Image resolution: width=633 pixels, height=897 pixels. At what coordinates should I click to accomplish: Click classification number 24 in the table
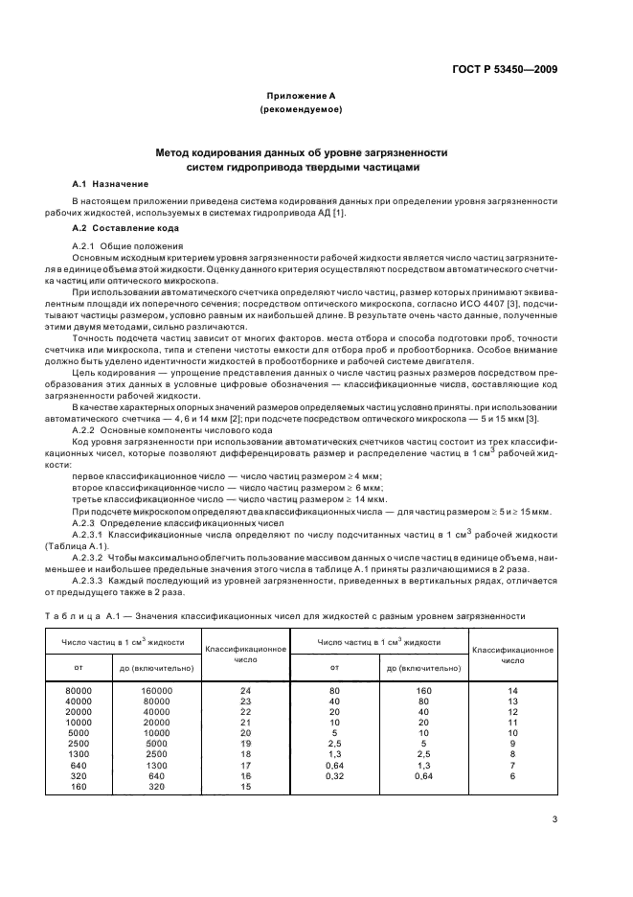tap(246, 689)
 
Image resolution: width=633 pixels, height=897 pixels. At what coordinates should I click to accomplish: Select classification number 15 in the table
tap(246, 786)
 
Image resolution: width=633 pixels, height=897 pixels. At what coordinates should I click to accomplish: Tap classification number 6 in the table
tap(512, 775)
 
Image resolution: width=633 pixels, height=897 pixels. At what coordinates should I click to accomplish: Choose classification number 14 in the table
tap(512, 689)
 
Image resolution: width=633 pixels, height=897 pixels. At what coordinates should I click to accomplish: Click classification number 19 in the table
tap(246, 743)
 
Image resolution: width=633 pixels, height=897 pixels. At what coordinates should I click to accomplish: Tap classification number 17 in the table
tap(246, 765)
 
